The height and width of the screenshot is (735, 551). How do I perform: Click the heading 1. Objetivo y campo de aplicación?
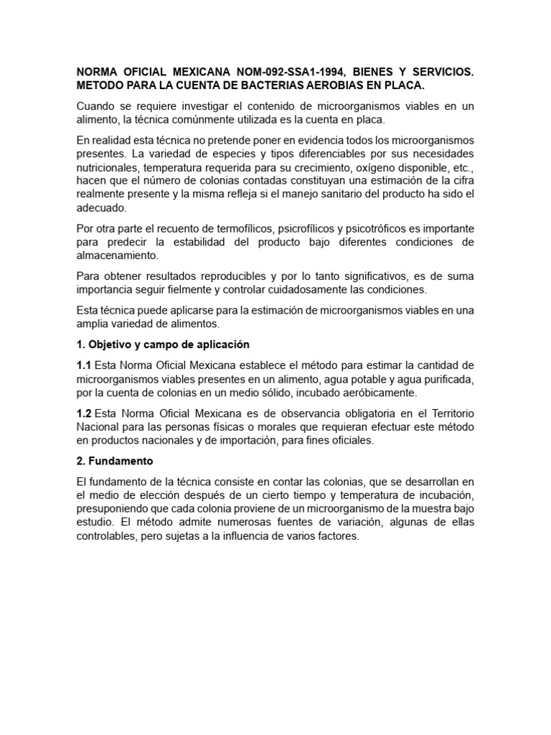[163, 344]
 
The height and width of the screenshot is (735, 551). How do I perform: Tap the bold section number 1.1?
[84, 366]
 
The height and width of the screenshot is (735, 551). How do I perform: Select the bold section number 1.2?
[84, 414]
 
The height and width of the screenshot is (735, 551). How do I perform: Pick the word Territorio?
[448, 414]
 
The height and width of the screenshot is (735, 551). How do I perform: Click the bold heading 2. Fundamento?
[120, 460]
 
